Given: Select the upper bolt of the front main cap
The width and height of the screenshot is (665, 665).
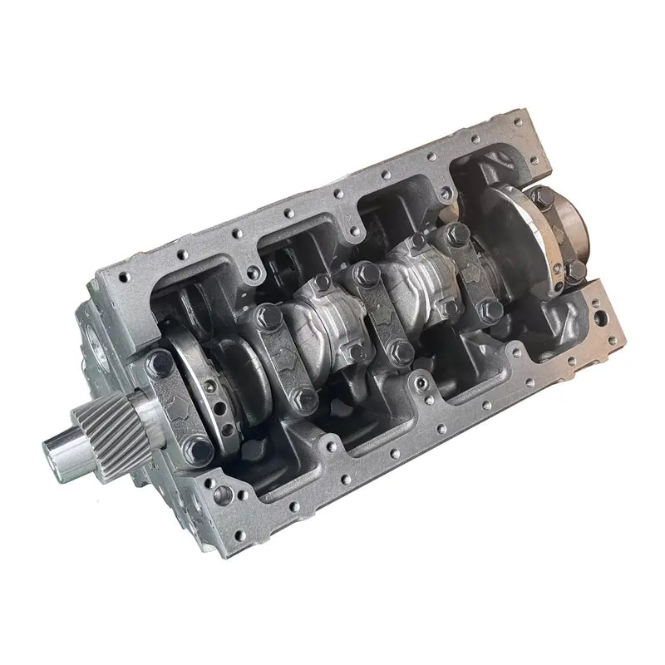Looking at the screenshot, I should [160, 362].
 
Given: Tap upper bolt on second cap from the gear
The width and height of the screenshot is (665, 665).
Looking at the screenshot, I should [268, 315].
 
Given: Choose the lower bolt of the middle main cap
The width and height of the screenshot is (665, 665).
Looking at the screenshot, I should [400, 352].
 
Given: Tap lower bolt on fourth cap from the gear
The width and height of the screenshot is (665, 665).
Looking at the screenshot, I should [491, 309].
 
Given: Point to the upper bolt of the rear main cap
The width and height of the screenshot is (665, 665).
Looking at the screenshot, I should [543, 198].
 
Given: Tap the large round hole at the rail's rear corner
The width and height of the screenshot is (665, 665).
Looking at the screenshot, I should [600, 318].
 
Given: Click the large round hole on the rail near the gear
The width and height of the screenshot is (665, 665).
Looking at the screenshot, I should [223, 495].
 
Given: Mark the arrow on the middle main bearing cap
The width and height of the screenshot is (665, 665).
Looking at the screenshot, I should [382, 313].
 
